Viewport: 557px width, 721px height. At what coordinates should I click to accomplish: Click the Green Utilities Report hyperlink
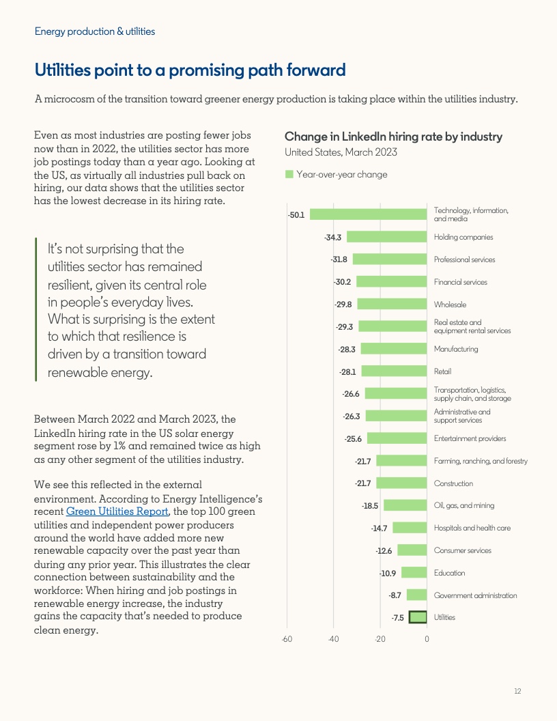pyautogui.click(x=117, y=511)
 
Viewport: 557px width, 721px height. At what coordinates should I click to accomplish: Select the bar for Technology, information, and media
pyautogui.click(x=369, y=214)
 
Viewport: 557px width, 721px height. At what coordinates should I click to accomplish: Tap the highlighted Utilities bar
pyautogui.click(x=418, y=618)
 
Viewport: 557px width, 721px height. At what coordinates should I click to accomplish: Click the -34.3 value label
pyautogui.click(x=333, y=238)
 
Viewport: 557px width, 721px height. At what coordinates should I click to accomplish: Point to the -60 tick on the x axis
pyautogui.click(x=287, y=639)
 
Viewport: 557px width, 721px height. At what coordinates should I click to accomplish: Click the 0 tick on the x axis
pyautogui.click(x=427, y=639)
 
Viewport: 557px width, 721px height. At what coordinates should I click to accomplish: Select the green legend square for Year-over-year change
pyautogui.click(x=289, y=175)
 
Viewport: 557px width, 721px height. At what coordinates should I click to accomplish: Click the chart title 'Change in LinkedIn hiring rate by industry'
pyautogui.click(x=393, y=137)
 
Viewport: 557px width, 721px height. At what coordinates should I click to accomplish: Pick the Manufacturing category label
pyautogui.click(x=456, y=349)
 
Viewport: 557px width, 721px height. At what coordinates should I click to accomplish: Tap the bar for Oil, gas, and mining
pyautogui.click(x=405, y=506)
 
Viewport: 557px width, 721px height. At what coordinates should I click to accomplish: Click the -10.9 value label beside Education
pyautogui.click(x=389, y=573)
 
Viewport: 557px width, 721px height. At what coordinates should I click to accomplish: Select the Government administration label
pyautogui.click(x=475, y=595)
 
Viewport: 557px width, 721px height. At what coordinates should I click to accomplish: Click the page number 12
pyautogui.click(x=517, y=692)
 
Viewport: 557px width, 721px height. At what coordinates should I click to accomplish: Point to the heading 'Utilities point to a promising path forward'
pyautogui.click(x=190, y=70)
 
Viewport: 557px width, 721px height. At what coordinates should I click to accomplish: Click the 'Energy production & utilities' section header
pyautogui.click(x=95, y=31)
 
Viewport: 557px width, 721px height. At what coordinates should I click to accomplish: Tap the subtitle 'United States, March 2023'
pyautogui.click(x=341, y=152)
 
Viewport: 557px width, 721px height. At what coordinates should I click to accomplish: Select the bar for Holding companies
pyautogui.click(x=387, y=237)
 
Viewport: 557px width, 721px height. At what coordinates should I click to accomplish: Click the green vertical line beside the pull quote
pyautogui.click(x=36, y=309)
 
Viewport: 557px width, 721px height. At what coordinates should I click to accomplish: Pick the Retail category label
pyautogui.click(x=442, y=371)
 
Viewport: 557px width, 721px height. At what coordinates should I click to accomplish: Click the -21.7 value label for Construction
pyautogui.click(x=363, y=483)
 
